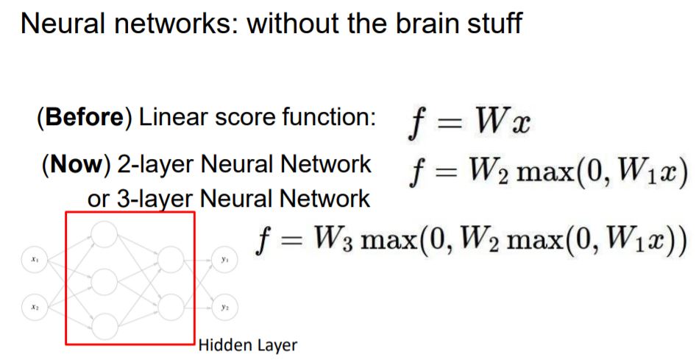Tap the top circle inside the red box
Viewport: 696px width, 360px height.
pyautogui.click(x=104, y=234)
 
